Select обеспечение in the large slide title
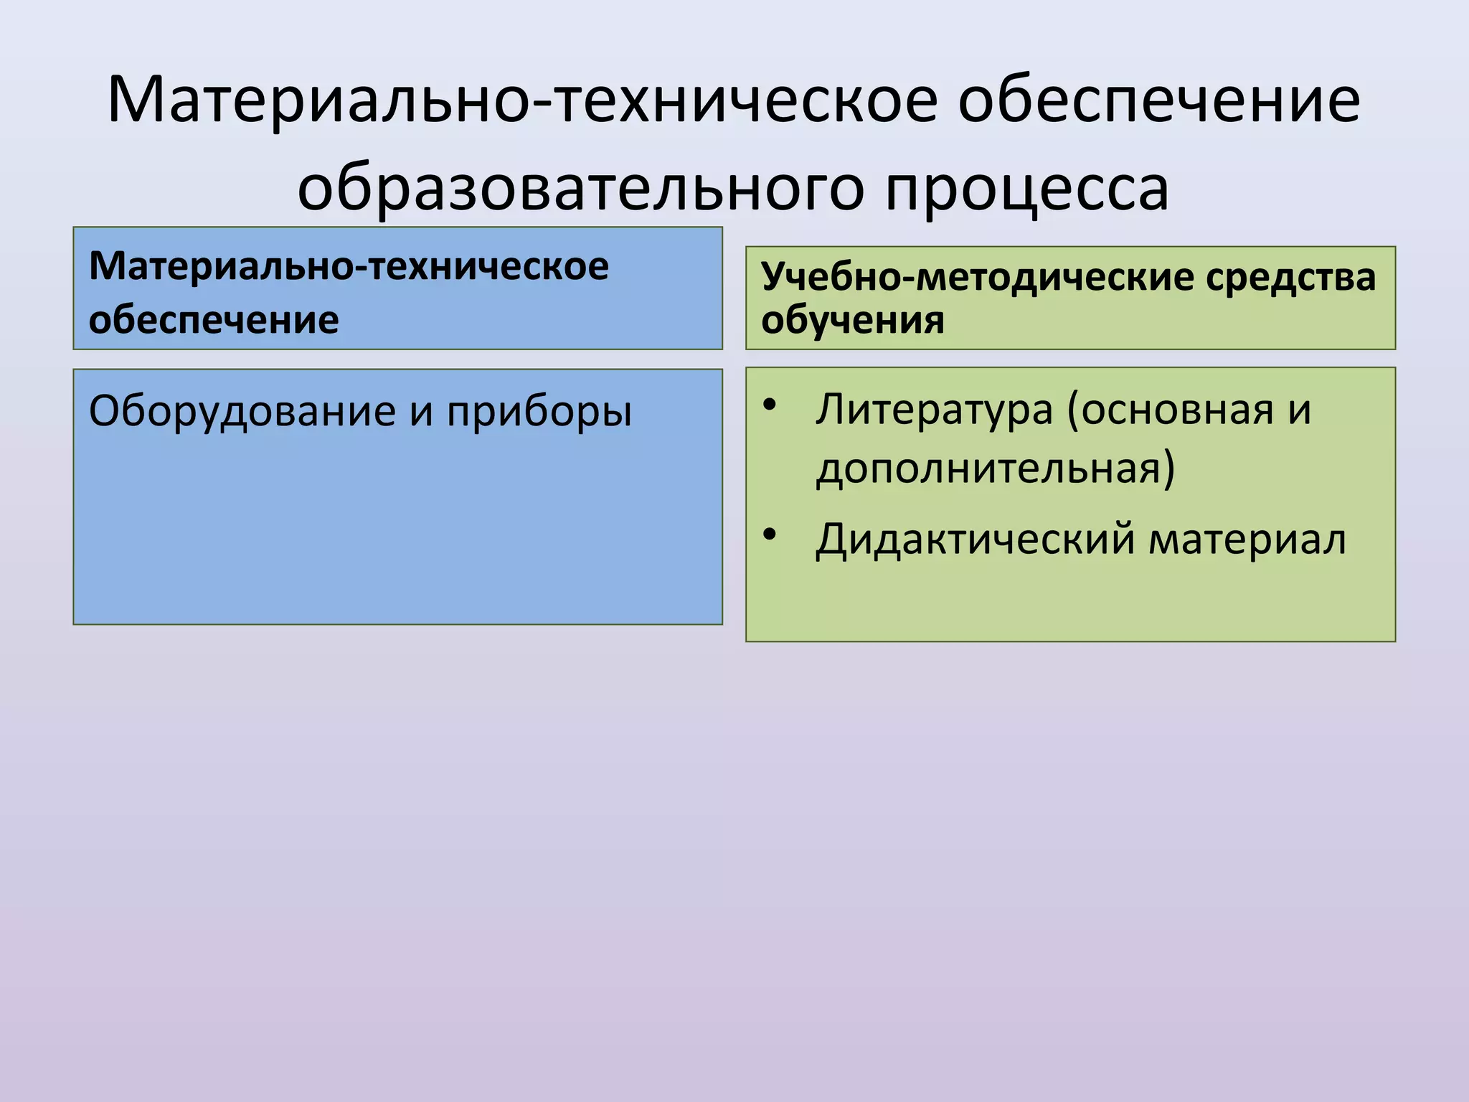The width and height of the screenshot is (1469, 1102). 1158,100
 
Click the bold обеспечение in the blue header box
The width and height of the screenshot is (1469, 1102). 214,319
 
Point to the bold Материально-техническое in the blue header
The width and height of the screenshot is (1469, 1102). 349,266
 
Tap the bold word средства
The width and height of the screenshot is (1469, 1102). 1290,277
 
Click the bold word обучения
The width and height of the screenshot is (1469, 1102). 852,319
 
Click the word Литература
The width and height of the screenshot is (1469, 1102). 934,410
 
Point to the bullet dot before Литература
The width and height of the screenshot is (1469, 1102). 770,405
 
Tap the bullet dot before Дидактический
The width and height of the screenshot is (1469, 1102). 770,534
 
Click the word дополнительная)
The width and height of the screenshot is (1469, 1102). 996,468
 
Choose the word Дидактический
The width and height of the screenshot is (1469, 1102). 976,540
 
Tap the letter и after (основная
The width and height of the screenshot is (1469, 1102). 1299,410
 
